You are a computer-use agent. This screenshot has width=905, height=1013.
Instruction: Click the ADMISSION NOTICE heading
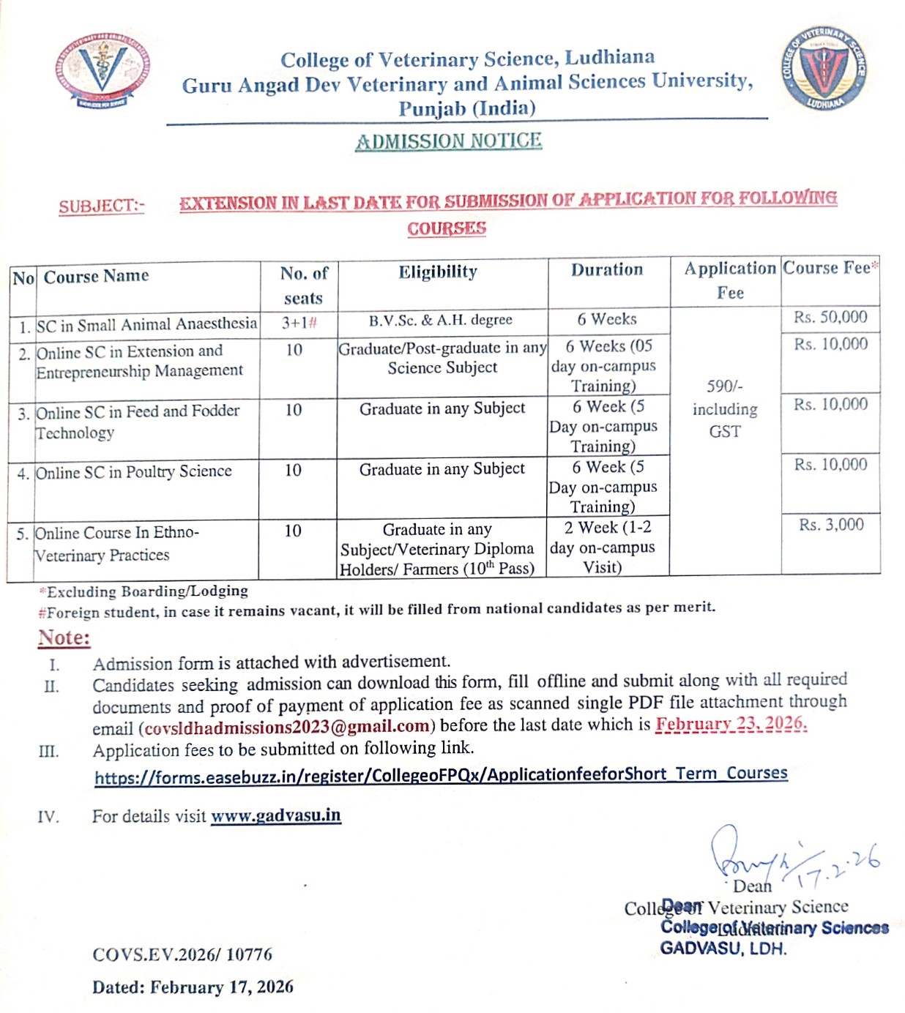click(x=448, y=141)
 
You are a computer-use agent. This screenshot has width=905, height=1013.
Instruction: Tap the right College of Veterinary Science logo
click(x=824, y=70)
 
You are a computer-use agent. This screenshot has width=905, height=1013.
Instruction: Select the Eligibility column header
click(x=438, y=273)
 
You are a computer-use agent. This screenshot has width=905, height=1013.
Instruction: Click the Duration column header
click(x=607, y=270)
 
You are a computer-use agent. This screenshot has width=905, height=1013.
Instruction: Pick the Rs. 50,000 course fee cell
click(x=830, y=318)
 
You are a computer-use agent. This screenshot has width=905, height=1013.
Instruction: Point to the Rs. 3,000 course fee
click(x=831, y=525)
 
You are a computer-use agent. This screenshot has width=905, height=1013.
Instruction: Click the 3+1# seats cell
click(x=299, y=324)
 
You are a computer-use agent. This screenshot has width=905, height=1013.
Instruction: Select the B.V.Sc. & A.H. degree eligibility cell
click(x=440, y=321)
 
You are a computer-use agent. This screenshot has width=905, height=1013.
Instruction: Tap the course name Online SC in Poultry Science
click(x=134, y=472)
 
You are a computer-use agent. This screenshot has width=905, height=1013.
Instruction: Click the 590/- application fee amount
click(x=724, y=386)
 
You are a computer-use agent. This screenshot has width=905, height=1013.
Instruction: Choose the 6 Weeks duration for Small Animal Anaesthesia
click(x=607, y=319)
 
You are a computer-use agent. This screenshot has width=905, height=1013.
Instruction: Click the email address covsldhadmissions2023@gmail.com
click(x=287, y=728)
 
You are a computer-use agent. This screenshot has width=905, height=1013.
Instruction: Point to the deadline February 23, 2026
click(x=731, y=725)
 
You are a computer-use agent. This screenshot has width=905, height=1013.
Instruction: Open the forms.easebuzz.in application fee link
click(x=441, y=775)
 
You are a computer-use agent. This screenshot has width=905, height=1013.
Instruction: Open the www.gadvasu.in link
click(x=276, y=815)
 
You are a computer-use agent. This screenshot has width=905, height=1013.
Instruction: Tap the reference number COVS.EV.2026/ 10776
click(x=182, y=954)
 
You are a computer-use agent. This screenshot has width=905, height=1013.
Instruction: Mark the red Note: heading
click(x=64, y=638)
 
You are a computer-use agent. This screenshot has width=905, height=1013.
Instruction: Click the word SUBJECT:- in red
click(x=102, y=206)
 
